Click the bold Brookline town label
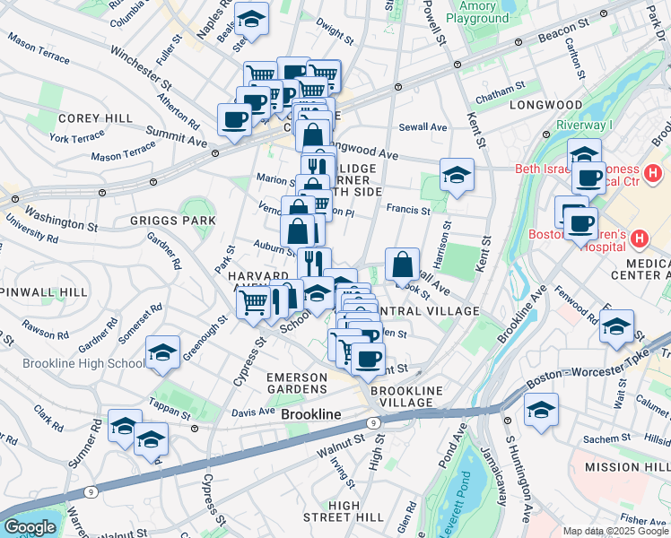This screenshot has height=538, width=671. click(311, 415)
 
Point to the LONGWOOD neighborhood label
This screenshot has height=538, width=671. click(540, 105)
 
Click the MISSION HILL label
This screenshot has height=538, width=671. click(626, 468)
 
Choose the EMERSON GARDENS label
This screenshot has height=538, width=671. click(309, 383)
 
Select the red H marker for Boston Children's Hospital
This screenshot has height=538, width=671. click(639, 239)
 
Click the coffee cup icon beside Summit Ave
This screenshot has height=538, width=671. click(235, 120)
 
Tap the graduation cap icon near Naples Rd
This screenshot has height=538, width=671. click(252, 20)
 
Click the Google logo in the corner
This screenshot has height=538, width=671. click(30, 527)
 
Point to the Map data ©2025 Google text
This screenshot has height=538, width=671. click(614, 531)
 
